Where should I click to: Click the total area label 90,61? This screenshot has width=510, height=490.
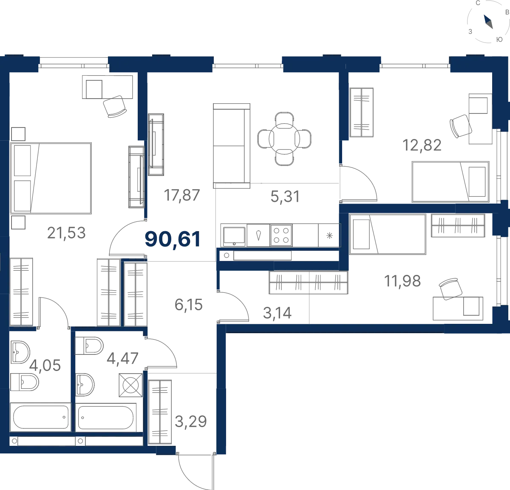(173, 239)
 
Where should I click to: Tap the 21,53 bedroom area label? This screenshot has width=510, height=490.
(66, 233)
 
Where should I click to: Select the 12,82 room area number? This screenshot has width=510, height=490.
(422, 145)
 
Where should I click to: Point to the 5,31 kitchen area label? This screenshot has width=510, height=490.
(285, 196)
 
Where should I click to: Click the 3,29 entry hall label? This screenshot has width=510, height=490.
(191, 421)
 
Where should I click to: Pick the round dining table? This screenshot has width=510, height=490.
(284, 139)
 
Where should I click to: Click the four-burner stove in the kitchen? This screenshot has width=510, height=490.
(281, 235)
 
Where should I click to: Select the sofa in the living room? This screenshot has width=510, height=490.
(232, 146)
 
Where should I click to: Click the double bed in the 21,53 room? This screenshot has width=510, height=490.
(51, 178)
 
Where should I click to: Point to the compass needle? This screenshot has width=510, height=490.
(488, 22)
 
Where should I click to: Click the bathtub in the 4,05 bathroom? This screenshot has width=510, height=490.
(40, 417)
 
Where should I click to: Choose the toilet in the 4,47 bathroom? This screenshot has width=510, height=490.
(89, 346)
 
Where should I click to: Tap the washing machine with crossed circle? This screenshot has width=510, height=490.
(130, 385)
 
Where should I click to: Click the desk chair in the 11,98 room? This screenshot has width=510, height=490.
(450, 289)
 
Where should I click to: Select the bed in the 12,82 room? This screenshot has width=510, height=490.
(450, 181)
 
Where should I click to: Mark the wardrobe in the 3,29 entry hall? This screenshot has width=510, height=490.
(160, 412)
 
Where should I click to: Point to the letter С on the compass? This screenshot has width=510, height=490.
(478, 3)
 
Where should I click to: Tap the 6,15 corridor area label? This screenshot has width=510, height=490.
(189, 305)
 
